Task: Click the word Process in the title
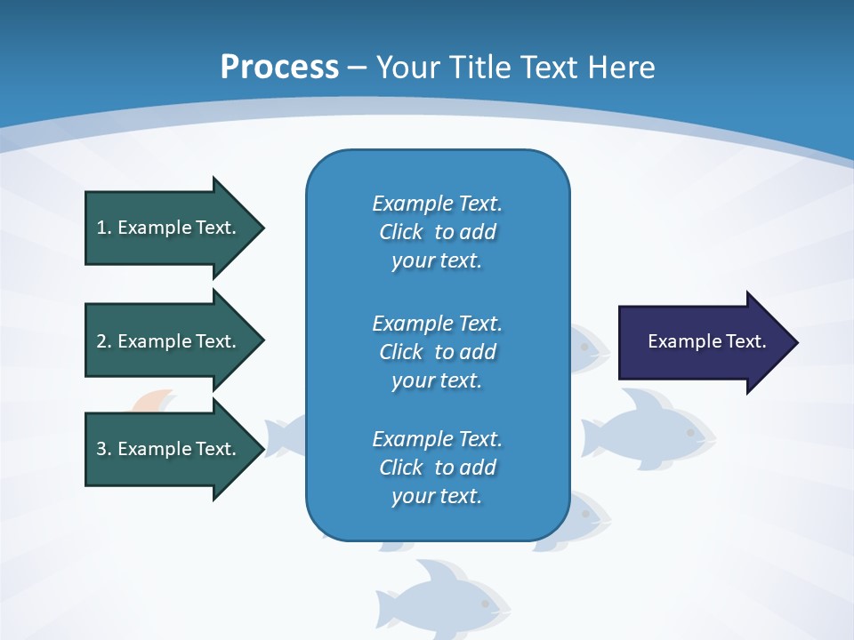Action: point(279,68)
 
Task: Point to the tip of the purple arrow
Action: point(796,342)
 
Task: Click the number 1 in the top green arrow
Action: point(101,228)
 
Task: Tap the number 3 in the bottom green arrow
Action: point(101,449)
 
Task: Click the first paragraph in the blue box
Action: point(437,232)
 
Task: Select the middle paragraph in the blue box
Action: point(437,352)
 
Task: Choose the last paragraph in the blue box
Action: point(437,468)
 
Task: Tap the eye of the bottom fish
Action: point(486,604)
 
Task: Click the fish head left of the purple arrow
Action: point(588,347)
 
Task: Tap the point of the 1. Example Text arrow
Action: point(262,228)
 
